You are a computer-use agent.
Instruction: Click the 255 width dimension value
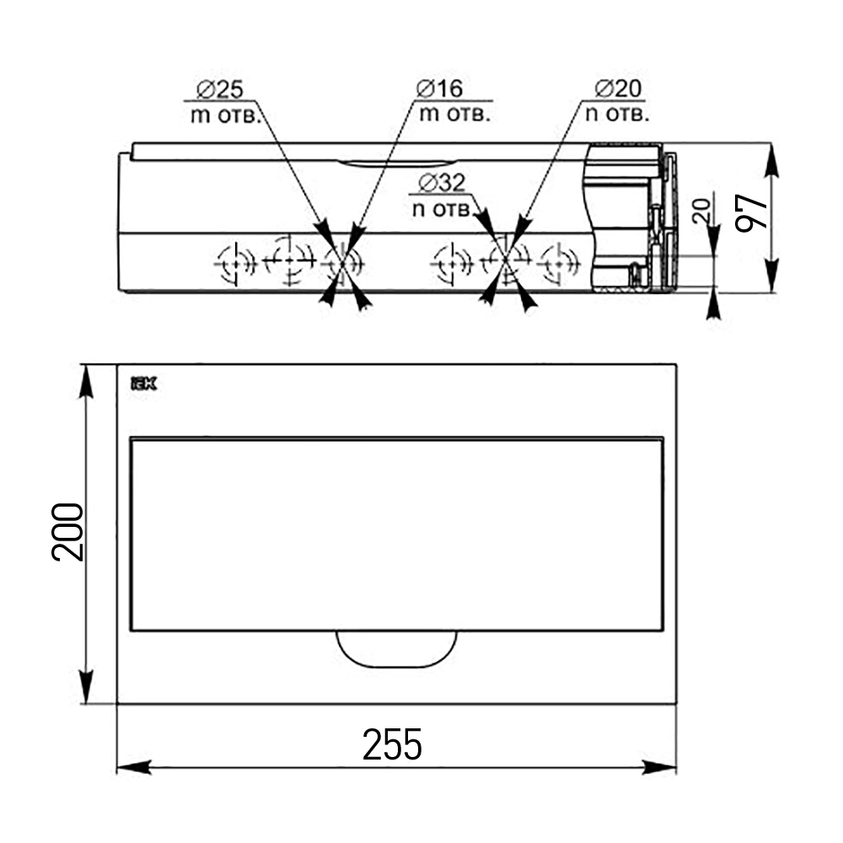[392, 744]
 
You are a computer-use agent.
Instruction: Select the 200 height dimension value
[67, 532]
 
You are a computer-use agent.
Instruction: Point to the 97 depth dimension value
[751, 213]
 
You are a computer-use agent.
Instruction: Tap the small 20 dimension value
[701, 210]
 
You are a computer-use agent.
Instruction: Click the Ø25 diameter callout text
[220, 89]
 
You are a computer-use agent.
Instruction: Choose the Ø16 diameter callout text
[439, 89]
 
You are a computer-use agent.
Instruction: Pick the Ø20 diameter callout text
[618, 89]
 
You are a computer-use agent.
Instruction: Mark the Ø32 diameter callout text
[442, 183]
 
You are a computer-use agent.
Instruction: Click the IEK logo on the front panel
[144, 384]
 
